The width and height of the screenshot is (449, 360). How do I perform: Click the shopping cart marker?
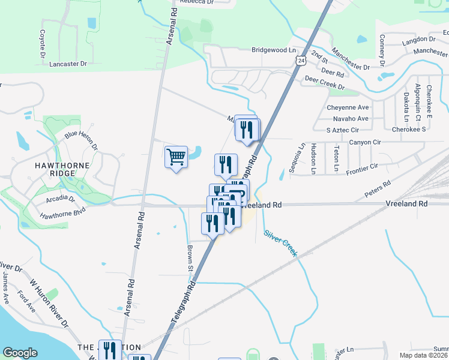176,157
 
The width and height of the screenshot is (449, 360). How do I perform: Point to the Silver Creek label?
280,235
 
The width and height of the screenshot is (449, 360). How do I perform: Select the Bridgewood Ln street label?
274,50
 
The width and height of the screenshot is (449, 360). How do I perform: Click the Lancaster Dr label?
68,64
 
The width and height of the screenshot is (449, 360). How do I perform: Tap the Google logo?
20,353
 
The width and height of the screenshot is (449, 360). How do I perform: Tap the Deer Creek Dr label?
324,82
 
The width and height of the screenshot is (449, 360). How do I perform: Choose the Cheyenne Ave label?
348,107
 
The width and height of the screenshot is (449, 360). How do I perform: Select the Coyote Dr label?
43,44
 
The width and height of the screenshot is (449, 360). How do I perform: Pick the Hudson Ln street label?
313,158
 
